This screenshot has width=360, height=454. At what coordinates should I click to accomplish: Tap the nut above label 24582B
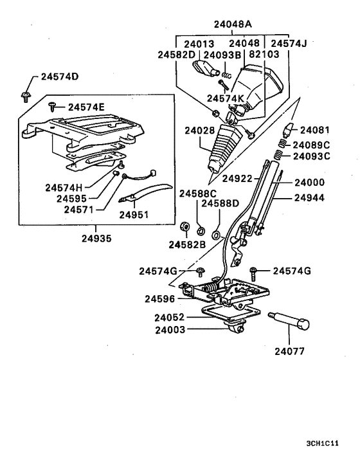[x=183, y=227]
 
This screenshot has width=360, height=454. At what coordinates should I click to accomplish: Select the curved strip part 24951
[x=148, y=193]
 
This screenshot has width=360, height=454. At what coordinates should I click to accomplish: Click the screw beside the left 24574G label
[x=201, y=272]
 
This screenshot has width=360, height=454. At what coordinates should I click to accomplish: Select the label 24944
[x=309, y=199]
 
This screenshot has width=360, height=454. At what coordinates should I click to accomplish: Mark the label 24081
[x=314, y=129]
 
